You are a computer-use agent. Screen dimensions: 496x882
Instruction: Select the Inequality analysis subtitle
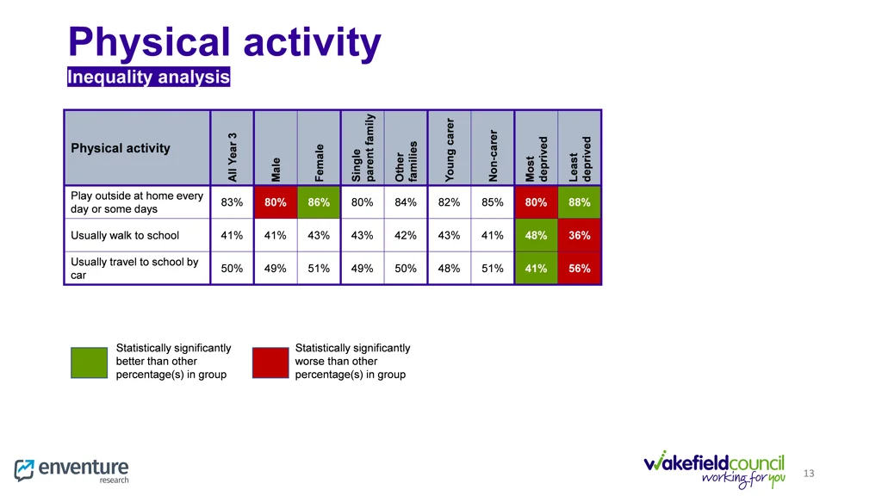[149, 77]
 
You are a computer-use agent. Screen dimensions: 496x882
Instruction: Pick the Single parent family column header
[363, 148]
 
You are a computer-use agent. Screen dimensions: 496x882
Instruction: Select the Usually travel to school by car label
[134, 269]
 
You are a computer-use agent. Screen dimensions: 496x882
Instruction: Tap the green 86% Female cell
[319, 202]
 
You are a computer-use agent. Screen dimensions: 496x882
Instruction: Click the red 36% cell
[580, 235]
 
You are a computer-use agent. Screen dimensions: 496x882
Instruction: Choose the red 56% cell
[580, 269]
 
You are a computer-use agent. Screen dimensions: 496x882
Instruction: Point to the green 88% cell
[580, 202]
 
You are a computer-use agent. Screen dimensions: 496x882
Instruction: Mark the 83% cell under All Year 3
[232, 202]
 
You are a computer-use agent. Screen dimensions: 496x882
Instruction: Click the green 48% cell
[536, 235]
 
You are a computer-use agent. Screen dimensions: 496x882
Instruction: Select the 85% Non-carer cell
[493, 202]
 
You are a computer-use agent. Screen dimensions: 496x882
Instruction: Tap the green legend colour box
[89, 362]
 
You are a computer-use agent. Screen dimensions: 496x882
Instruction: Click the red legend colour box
[270, 362]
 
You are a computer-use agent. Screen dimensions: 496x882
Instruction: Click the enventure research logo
[72, 470]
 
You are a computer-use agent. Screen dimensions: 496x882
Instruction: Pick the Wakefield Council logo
[714, 468]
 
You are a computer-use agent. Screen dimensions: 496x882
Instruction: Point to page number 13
[808, 474]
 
